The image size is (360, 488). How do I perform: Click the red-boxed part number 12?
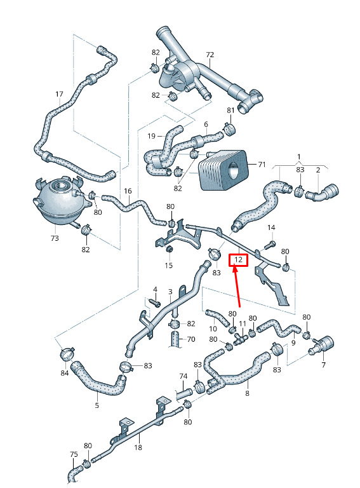click(x=239, y=260)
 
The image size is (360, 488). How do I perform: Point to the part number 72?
click(x=210, y=55)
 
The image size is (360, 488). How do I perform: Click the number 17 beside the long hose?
click(x=59, y=94)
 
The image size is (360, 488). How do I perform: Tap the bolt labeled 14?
click(x=270, y=245)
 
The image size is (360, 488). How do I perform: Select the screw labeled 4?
click(x=154, y=302)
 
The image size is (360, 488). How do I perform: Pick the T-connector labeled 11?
click(x=240, y=338)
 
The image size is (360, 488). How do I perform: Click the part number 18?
click(x=138, y=447)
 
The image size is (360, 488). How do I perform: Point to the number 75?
click(x=74, y=454)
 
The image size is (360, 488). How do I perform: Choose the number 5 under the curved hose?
click(x=97, y=405)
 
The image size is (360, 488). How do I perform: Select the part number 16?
click(x=128, y=191)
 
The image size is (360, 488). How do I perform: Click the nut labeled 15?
click(x=170, y=249)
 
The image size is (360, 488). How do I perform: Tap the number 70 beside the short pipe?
click(x=191, y=339)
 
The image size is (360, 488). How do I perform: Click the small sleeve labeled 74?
click(x=184, y=394)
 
